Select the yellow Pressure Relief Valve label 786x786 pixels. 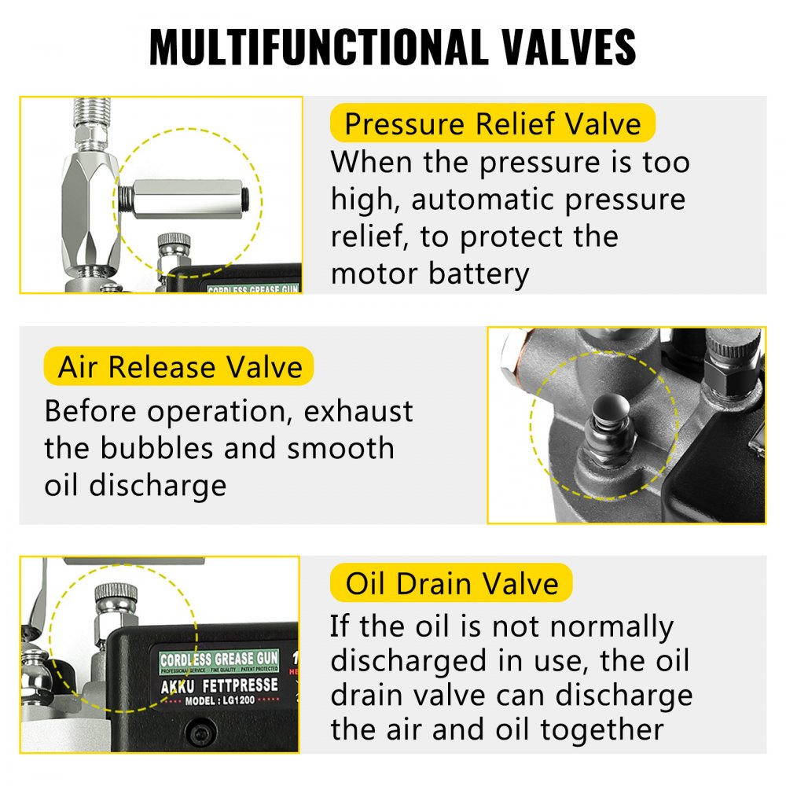pos(492,123)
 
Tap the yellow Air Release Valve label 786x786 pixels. pos(180,367)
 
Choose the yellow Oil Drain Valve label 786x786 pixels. pos(452,583)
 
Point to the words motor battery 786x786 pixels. pos(429,274)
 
